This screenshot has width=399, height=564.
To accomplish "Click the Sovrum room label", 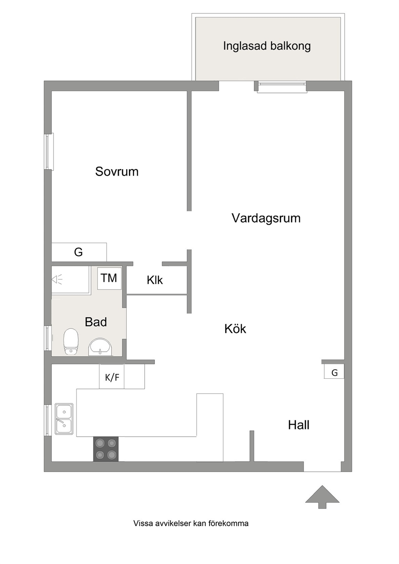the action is click(x=117, y=172).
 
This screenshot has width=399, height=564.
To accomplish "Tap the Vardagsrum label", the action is click(x=266, y=218).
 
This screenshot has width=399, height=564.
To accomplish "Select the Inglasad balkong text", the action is click(x=267, y=46).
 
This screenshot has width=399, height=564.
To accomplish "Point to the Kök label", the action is click(x=235, y=328).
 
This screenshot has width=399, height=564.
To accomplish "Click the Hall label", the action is click(x=299, y=425).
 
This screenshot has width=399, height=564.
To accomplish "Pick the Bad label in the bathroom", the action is click(x=96, y=322).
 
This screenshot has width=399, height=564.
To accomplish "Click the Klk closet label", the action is click(x=155, y=280).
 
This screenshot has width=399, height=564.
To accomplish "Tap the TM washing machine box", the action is click(x=109, y=278).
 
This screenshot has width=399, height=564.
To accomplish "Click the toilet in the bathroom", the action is click(x=71, y=341).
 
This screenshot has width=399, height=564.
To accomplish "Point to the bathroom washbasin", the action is click(x=100, y=347).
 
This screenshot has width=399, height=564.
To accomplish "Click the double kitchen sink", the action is click(x=64, y=419).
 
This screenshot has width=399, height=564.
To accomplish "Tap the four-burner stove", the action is click(x=106, y=449).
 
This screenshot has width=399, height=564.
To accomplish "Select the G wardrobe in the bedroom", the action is click(x=79, y=252).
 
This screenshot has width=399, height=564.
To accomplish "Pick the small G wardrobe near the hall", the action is click(x=334, y=371).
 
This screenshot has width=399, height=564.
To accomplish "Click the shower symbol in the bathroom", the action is click(x=57, y=279).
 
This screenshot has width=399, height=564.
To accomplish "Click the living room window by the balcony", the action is click(x=282, y=87).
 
